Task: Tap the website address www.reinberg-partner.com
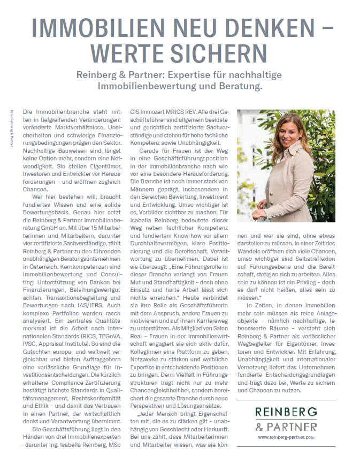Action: tap(286, 437)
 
